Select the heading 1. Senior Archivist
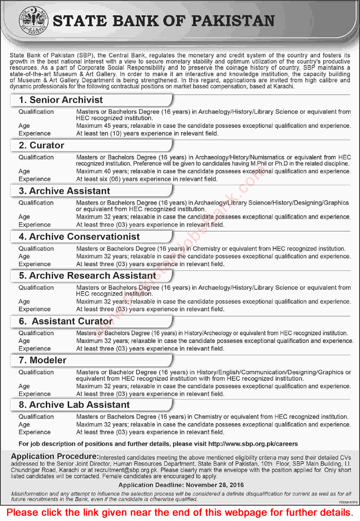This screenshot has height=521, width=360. point(61,100)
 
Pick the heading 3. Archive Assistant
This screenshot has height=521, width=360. point(64,191)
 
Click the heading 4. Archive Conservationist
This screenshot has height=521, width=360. point(79,236)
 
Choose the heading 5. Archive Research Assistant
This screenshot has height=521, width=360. point(87,276)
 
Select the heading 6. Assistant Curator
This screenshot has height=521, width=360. point(66,321)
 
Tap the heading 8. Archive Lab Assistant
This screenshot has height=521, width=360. point(74,405)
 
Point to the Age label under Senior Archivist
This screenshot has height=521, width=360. point(24,126)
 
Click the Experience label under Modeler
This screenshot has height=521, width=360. point(34,394)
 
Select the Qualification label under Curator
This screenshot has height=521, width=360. point(36,158)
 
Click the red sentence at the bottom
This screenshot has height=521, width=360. point(180,512)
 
